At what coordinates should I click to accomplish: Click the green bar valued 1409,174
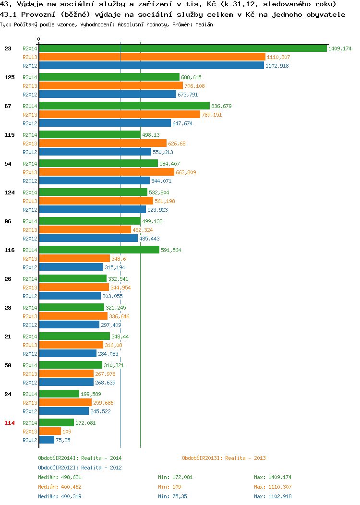point(183,48)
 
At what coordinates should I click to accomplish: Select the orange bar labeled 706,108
point(111,85)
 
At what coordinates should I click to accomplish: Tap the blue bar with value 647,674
point(105,123)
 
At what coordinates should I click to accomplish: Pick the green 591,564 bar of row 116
point(99,250)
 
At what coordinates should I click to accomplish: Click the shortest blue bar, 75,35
point(47,440)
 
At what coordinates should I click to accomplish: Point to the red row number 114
point(10,423)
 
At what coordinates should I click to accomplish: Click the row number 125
point(10,77)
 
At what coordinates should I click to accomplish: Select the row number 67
point(8,106)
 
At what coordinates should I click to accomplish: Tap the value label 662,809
point(186,172)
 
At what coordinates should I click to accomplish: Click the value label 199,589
point(91,394)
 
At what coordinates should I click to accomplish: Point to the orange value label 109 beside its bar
point(67,432)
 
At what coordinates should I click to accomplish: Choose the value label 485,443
point(149,239)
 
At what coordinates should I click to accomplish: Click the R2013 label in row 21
point(30,345)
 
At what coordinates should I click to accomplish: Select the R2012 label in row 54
point(30,181)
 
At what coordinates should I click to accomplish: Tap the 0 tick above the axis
point(39,39)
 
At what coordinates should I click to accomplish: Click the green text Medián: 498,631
point(60,477)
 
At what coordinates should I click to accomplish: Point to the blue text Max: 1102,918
point(273,496)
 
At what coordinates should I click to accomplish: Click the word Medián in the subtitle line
point(204,24)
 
